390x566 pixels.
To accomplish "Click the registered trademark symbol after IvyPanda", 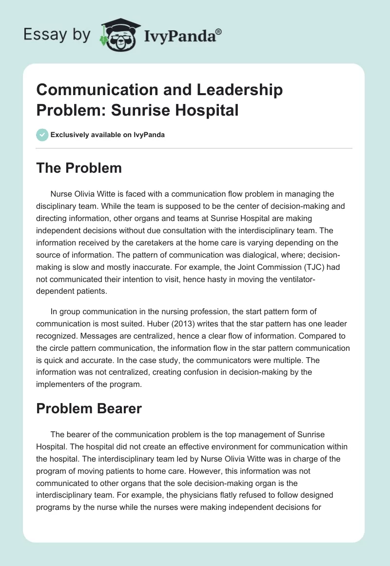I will tap(219, 31).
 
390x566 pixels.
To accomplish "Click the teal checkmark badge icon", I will tap(42, 135).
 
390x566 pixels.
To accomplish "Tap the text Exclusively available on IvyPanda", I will tap(108, 135).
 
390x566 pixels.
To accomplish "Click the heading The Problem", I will tap(79, 168).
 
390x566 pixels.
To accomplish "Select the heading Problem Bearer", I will tap(89, 408).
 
